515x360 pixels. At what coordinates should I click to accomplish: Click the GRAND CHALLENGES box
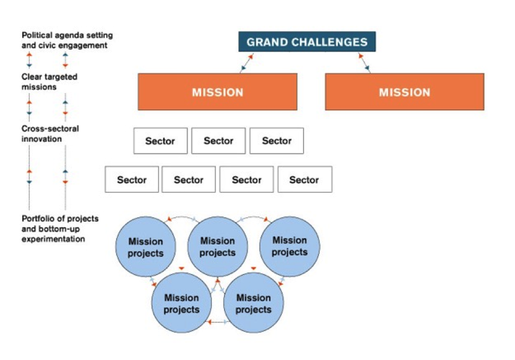coord(307,42)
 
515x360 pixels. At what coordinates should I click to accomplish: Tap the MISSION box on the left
coord(217,92)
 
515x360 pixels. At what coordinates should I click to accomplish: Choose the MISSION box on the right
coord(404,92)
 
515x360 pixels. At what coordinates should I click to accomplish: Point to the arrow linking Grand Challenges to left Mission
coord(246,63)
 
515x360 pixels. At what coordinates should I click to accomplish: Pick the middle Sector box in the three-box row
coord(219,141)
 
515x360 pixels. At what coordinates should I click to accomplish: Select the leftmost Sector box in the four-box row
coord(132,180)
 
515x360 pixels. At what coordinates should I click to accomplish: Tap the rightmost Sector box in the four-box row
coord(304,180)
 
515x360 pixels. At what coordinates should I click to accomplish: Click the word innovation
coord(41,139)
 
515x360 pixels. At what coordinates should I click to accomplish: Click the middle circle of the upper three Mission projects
coord(217,247)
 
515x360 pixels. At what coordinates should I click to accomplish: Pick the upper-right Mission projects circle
coord(289,246)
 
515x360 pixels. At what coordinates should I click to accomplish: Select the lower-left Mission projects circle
coord(181,303)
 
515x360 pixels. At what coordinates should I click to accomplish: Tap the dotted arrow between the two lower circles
coord(217,322)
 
